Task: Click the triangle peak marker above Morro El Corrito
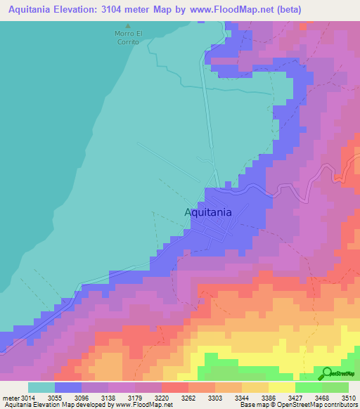[127, 26]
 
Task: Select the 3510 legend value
[348, 398]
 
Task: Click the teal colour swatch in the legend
[41, 387]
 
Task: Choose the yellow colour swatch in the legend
[281, 387]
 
